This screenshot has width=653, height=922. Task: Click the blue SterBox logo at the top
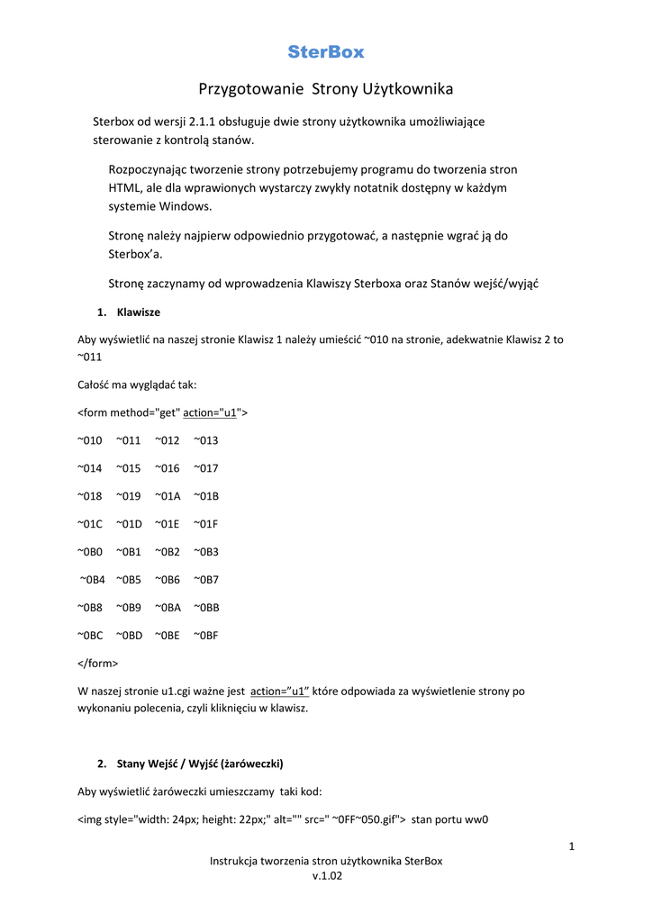click(x=326, y=52)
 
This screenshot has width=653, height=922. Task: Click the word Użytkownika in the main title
click(x=407, y=89)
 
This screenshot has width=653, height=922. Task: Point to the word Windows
click(x=188, y=206)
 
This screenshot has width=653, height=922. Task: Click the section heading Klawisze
click(x=139, y=312)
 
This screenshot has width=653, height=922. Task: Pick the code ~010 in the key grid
click(x=90, y=440)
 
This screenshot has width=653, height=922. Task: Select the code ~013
click(x=206, y=440)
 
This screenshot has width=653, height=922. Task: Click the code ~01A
click(x=168, y=496)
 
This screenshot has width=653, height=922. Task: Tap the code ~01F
click(x=206, y=524)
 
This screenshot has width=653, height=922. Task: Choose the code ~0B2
click(x=168, y=552)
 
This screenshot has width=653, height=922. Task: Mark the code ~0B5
click(x=129, y=580)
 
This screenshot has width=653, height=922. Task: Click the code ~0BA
click(x=168, y=608)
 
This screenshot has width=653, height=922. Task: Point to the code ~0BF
click(x=206, y=636)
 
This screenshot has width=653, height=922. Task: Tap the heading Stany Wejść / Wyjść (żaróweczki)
click(x=200, y=764)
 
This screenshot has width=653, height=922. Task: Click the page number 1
click(x=572, y=845)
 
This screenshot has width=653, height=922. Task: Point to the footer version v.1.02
click(x=326, y=876)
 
